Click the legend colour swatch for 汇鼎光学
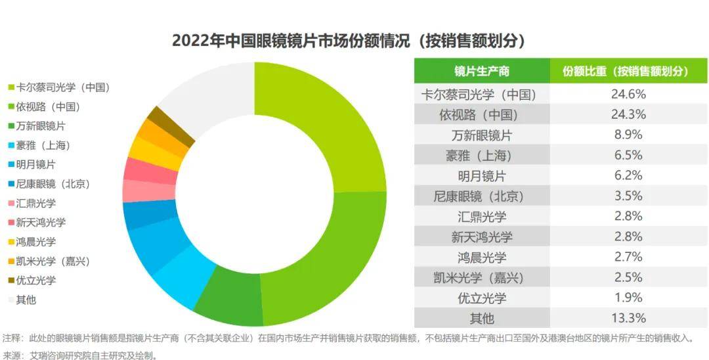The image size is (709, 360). [x=11, y=204]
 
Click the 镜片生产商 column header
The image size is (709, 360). [x=481, y=71]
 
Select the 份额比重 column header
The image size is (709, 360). [x=628, y=71]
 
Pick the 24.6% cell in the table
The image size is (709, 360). [x=628, y=94]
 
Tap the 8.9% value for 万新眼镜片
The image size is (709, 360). [x=628, y=135]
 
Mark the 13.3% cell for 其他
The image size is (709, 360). [x=628, y=319]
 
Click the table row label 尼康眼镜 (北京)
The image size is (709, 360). [x=481, y=196]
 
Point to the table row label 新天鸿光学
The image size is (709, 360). [x=481, y=236]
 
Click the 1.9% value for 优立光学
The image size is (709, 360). [x=628, y=298]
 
